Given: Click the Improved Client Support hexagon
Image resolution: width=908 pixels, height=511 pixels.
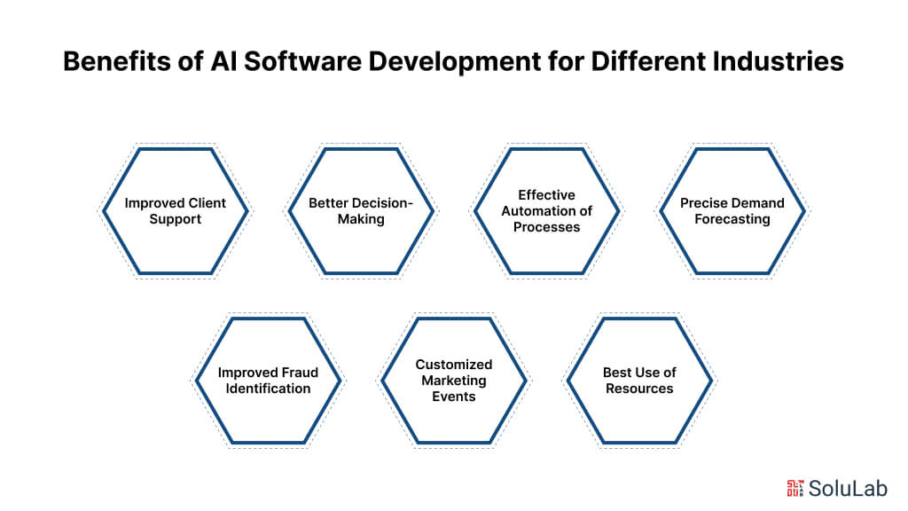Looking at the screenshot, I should click(175, 211).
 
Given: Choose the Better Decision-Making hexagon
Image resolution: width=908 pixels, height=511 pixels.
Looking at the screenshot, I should click(361, 211).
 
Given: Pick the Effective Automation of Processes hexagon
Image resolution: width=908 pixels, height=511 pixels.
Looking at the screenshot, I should click(546, 211).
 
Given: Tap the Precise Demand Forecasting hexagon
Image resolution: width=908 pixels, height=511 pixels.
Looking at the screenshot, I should click(732, 211).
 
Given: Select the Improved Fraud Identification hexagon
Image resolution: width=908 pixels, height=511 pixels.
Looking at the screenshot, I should click(268, 381).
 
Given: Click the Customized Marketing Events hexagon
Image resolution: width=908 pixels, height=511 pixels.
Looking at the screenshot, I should click(453, 381).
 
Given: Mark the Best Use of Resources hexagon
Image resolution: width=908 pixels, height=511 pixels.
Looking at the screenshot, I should click(638, 381).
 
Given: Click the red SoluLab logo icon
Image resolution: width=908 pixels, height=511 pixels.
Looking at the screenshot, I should click(795, 487).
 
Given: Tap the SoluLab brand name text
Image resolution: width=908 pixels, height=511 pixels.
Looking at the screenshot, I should click(847, 488).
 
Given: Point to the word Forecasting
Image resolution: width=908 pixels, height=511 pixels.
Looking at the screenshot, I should click(732, 219).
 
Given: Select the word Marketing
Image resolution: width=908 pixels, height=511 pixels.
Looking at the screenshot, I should click(453, 381).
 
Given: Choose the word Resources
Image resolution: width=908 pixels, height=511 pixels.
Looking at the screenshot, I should click(639, 389).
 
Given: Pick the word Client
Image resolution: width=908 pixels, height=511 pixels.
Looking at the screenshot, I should click(205, 203).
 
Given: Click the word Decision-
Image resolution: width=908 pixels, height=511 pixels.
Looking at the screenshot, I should click(379, 203).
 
